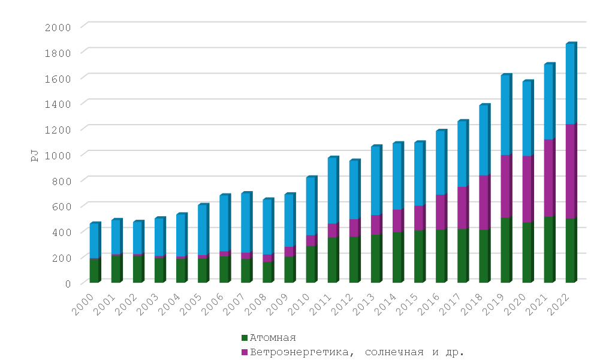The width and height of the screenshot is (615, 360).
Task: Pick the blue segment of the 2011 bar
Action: pyautogui.click(x=333, y=191)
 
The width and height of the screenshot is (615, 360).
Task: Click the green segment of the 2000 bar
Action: pyautogui.click(x=95, y=270)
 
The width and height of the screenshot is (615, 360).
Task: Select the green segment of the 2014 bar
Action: pyautogui.click(x=397, y=257)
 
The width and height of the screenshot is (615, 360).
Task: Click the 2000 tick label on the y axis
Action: pyautogui.click(x=58, y=27)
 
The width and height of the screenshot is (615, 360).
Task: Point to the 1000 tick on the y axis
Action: pyautogui.click(x=58, y=155)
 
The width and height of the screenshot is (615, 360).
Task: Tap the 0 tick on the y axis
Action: pyautogui.click(x=67, y=283)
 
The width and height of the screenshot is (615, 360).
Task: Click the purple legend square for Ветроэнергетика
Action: pyautogui.click(x=243, y=352)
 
